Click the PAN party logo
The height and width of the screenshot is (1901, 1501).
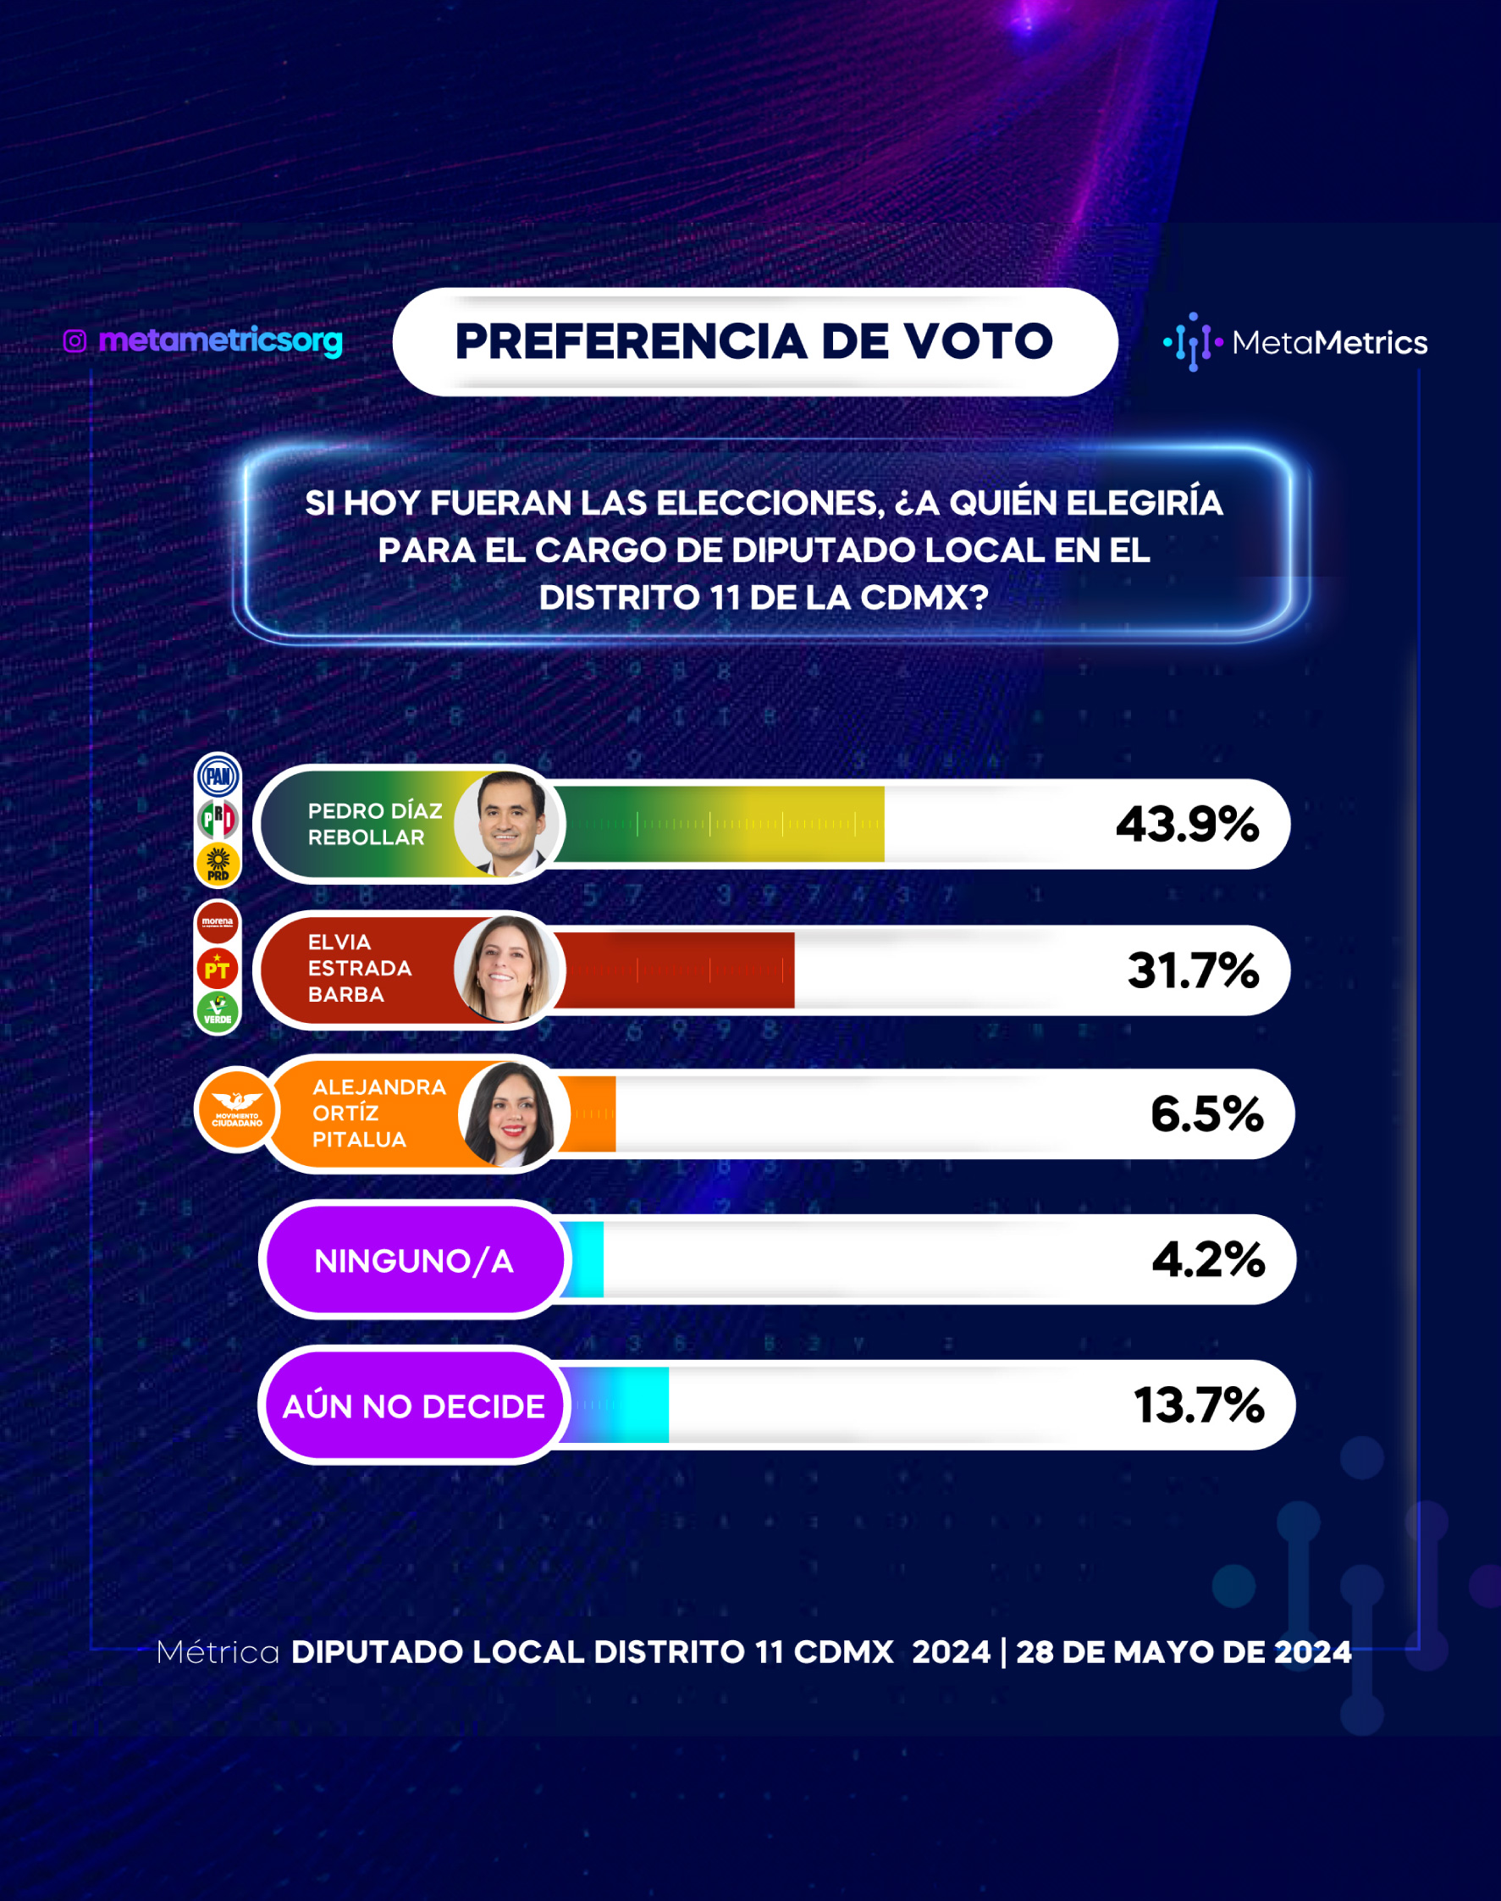(x=218, y=776)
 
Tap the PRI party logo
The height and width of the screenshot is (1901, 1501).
(x=218, y=819)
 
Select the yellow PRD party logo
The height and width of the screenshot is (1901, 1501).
(x=218, y=863)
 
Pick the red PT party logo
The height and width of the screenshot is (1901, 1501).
(x=217, y=969)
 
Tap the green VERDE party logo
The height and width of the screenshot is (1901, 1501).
(x=217, y=1012)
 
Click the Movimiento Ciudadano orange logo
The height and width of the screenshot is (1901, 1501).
(x=236, y=1110)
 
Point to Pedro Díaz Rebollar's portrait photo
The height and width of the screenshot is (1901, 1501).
(x=508, y=824)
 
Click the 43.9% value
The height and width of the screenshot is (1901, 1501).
(x=1187, y=825)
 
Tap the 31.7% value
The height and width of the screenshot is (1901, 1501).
(x=1194, y=970)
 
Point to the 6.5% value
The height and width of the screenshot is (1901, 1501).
(x=1207, y=1114)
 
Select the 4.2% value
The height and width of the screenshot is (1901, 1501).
(x=1208, y=1259)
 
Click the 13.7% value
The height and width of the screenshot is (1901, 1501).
(x=1200, y=1405)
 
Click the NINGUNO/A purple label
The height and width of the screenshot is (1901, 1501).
(x=414, y=1259)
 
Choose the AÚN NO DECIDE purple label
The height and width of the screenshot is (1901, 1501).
(x=414, y=1406)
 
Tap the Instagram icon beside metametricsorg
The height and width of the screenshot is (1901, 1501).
(x=74, y=341)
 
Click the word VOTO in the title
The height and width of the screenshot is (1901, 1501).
(x=979, y=341)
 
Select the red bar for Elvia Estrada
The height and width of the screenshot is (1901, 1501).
(x=675, y=970)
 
